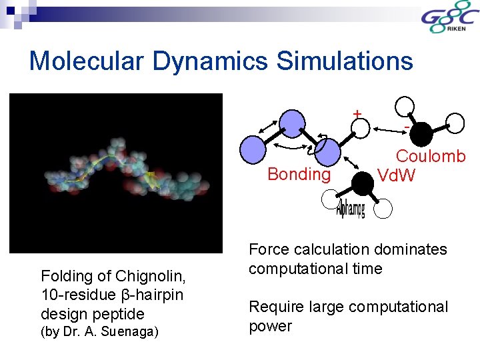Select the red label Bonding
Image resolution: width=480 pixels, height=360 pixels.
tap(299, 175)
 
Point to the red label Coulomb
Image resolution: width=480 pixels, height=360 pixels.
tap(431, 157)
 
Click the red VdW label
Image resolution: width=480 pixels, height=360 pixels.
tap(396, 175)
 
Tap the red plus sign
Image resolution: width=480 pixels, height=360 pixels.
tap(358, 114)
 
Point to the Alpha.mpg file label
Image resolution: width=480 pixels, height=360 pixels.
tap(350, 210)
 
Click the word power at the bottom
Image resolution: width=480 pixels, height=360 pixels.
tap(270, 326)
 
